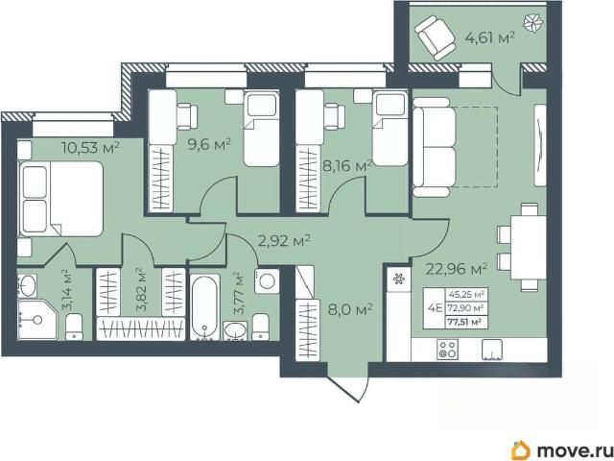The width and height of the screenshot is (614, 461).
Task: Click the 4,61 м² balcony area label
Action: tap(489, 38)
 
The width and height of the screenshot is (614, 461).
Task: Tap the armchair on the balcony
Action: tap(435, 37)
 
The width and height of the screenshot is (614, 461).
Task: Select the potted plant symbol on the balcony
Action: tap(534, 24)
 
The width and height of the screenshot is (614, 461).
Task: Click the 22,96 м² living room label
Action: tap(457, 269)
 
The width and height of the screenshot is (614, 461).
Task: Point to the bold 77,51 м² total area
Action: tap(464, 323)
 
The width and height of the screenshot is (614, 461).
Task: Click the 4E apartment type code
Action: tap(435, 307)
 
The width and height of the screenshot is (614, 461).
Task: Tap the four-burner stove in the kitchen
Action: tap(447, 350)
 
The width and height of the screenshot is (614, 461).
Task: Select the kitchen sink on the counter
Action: tap(492, 350)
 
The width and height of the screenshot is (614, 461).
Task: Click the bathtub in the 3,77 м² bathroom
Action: tap(204, 307)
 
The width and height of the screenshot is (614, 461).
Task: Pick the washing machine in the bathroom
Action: tap(267, 281)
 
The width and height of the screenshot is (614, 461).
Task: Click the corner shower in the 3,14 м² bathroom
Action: tap(36, 320)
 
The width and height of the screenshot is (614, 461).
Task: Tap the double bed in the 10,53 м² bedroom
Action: tap(60, 199)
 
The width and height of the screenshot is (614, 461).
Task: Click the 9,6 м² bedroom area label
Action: tap(209, 144)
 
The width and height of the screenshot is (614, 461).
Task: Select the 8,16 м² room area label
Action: tap(346, 166)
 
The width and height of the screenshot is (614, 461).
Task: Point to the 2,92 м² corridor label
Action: tap(284, 241)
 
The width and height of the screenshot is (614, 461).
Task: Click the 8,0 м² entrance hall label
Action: tap(350, 310)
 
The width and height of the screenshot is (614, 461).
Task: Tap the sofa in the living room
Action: tap(435, 147)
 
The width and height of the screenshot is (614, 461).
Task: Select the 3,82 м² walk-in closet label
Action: tap(140, 290)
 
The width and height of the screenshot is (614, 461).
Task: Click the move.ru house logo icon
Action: tap(521, 450)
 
